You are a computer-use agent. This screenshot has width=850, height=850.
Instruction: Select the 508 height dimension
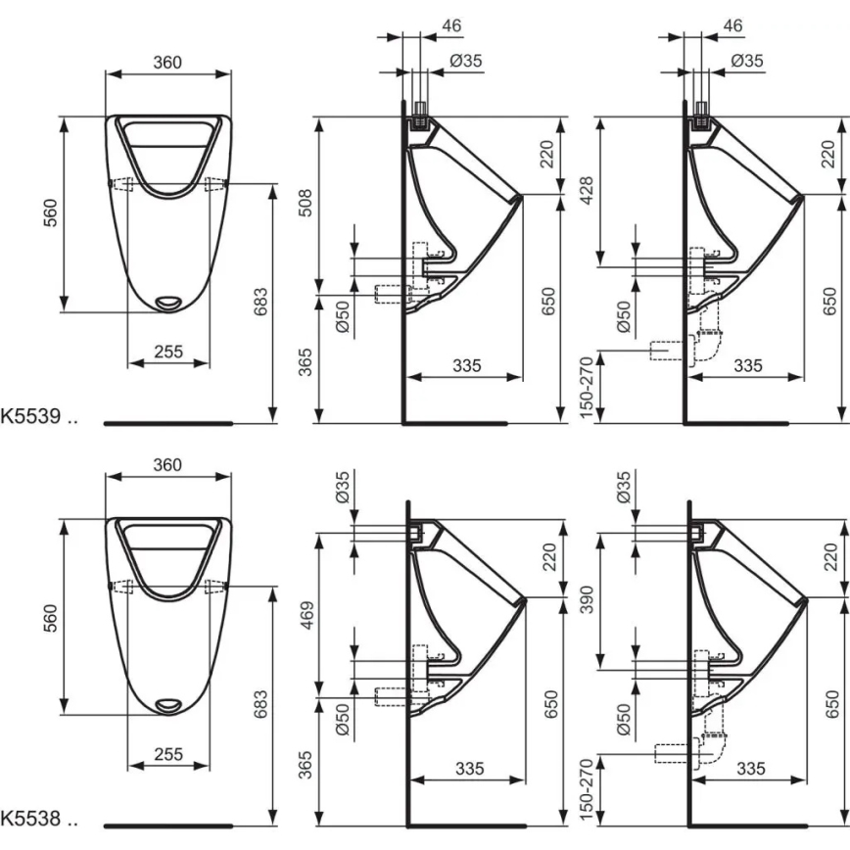[x=306, y=203]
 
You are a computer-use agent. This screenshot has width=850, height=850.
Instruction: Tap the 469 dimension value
[x=306, y=612]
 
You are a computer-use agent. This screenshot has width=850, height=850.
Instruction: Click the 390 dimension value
[x=590, y=595]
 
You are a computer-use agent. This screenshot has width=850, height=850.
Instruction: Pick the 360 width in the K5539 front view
[x=167, y=62]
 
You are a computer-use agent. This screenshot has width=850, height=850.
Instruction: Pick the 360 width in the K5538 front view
[x=167, y=464]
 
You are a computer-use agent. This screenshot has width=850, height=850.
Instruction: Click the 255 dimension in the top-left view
[x=167, y=353]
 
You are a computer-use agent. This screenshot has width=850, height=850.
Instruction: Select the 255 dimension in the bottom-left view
[x=167, y=754]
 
